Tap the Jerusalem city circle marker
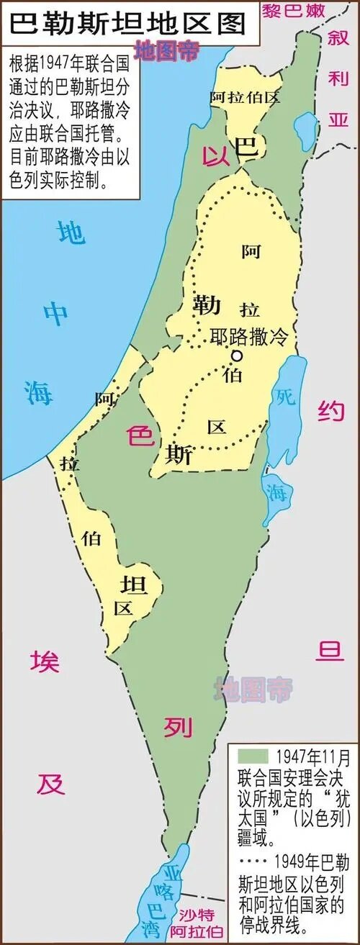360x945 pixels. (x=235, y=356)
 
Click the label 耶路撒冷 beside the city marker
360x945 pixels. (x=248, y=335)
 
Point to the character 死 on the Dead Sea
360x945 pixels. (x=286, y=397)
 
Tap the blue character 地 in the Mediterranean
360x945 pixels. (x=71, y=232)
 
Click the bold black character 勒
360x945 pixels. (x=207, y=305)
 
